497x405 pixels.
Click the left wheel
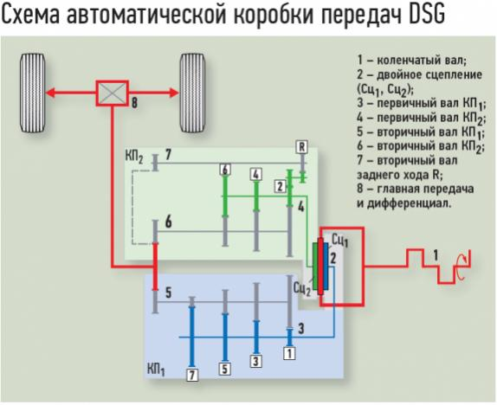tap(32, 93)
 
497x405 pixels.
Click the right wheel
tap(192, 93)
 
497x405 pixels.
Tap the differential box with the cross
tap(113, 93)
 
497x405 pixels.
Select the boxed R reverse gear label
tap(301, 147)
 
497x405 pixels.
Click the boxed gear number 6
tap(225, 170)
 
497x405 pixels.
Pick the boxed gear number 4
tap(256, 175)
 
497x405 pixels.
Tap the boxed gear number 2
tap(280, 186)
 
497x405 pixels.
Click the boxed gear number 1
tap(289, 353)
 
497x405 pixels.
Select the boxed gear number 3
tap(256, 361)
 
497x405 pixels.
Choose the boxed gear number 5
tap(225, 369)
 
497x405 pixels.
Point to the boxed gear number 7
tap(192, 375)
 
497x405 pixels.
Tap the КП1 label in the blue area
tap(156, 370)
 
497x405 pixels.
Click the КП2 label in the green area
tap(134, 157)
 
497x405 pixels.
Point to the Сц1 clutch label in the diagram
tap(339, 241)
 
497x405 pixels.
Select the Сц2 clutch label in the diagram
tap(302, 289)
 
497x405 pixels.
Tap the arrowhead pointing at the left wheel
tap(51, 93)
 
